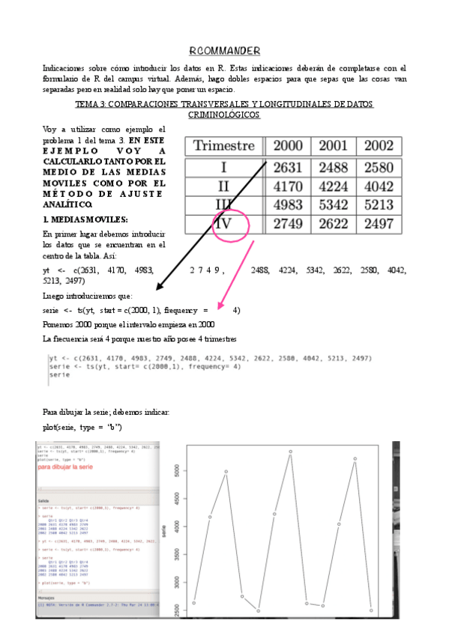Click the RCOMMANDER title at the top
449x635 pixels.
(x=224, y=51)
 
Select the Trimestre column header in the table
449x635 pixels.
(x=224, y=146)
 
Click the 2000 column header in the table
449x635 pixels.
(x=288, y=146)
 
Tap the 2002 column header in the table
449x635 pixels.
(x=378, y=146)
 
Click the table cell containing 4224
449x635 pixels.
(x=333, y=185)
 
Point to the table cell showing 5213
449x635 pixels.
(x=378, y=204)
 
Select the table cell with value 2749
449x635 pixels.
(x=288, y=224)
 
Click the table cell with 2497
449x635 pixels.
(x=378, y=224)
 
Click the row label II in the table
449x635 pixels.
(x=224, y=185)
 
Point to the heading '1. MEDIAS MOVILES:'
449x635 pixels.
(x=85, y=219)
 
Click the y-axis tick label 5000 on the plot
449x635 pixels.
(x=175, y=471)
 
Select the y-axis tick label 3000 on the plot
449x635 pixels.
(x=175, y=583)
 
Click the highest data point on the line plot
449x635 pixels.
(x=289, y=452)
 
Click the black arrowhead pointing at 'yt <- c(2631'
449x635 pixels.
(x=159, y=288)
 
